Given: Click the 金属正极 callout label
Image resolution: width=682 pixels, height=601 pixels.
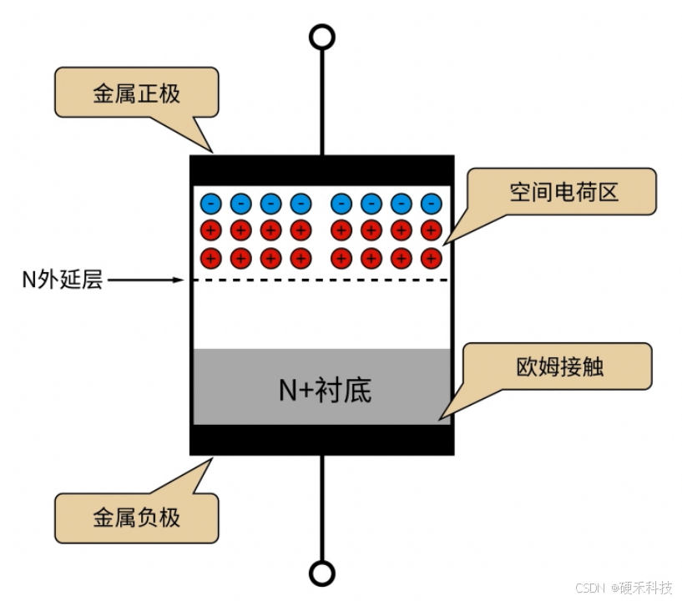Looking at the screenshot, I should click(x=136, y=93).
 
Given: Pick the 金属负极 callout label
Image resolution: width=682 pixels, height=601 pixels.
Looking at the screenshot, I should click(x=136, y=518).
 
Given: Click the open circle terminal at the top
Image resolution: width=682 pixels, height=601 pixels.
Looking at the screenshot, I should click(x=321, y=38).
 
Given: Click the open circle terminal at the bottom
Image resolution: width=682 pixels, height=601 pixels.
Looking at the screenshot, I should click(x=321, y=573).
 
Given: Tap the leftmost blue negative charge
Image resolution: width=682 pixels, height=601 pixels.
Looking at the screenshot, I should click(x=210, y=203).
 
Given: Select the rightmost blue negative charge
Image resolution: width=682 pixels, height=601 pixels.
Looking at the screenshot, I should click(x=431, y=203).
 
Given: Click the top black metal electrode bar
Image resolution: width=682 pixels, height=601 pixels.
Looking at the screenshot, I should click(x=321, y=170).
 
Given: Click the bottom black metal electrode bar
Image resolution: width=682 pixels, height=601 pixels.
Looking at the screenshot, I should click(x=321, y=440).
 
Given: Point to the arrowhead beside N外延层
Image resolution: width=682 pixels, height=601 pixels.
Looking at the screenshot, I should click(x=177, y=280).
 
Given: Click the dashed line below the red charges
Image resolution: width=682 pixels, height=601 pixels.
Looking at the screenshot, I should click(x=321, y=280).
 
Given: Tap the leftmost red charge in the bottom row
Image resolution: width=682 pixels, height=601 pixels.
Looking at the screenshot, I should click(x=210, y=257).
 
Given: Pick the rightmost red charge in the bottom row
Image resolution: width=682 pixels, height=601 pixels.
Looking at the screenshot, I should click(x=431, y=257).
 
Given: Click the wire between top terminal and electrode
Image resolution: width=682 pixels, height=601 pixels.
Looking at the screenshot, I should click(x=321, y=100).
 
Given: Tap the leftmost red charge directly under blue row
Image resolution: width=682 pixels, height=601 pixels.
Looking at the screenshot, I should click(x=210, y=230).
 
